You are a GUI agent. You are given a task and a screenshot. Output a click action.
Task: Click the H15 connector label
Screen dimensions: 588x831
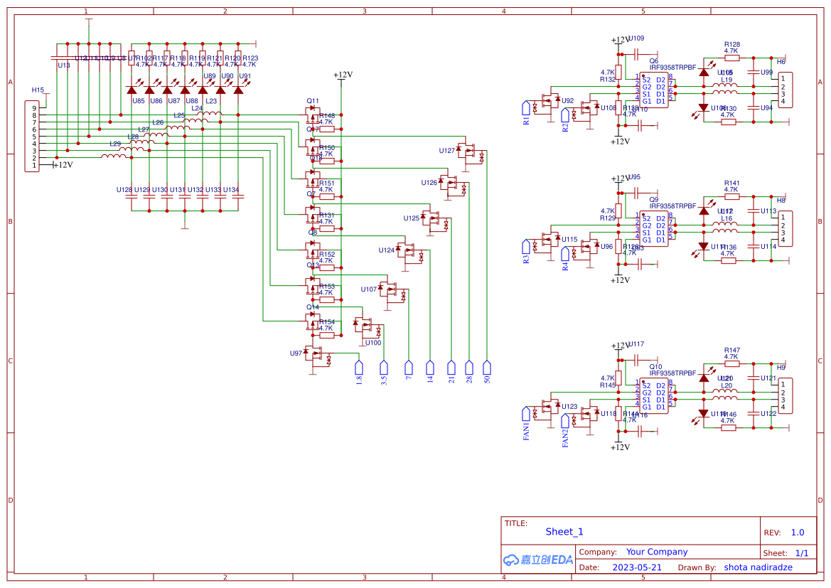[x=38, y=90]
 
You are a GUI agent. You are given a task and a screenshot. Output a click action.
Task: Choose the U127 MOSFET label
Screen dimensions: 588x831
[x=447, y=151]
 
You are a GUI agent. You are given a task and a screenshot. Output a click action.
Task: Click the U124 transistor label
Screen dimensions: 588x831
[x=386, y=250]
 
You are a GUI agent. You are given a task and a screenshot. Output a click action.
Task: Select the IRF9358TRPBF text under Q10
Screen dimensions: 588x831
[x=672, y=373]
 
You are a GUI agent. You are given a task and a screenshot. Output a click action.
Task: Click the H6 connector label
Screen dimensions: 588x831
[x=781, y=62]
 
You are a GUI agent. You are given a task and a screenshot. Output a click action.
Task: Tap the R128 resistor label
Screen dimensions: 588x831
[x=731, y=44]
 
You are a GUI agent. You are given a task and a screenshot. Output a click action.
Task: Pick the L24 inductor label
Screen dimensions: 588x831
[x=196, y=109]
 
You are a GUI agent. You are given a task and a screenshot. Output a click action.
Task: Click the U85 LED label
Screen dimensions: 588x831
[x=138, y=101]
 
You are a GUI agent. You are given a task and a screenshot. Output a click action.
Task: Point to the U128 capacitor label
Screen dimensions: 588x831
[x=124, y=190]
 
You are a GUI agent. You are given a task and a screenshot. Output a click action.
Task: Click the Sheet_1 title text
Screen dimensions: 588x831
[x=564, y=532]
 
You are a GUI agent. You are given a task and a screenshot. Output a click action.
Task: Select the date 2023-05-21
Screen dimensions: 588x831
[x=636, y=567]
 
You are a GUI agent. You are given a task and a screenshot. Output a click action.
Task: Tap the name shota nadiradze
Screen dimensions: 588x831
[x=758, y=567]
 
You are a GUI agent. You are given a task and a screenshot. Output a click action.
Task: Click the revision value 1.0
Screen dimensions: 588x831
[x=798, y=533]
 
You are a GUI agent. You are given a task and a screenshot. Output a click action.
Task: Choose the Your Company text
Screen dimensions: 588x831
[x=657, y=552]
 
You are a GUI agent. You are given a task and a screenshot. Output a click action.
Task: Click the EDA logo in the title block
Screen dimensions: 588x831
[x=537, y=560]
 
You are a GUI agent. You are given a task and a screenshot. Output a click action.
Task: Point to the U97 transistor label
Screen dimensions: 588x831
[x=296, y=353]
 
